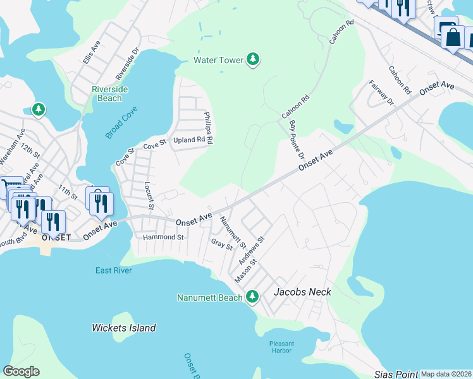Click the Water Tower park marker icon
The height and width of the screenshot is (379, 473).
point(253,60)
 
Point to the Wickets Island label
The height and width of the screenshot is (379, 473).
point(124,328)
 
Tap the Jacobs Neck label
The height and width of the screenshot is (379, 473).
point(302,292)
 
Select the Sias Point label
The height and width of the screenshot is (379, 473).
point(396,374)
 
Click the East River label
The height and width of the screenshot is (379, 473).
point(113,270)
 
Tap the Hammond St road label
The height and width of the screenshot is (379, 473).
point(163,238)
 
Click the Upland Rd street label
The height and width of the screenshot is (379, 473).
point(189,140)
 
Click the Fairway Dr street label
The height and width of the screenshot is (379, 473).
point(381,92)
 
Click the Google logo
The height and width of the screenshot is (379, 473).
point(21,371)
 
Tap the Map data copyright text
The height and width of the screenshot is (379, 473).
point(446,374)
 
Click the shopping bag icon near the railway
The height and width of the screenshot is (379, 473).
point(453,37)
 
